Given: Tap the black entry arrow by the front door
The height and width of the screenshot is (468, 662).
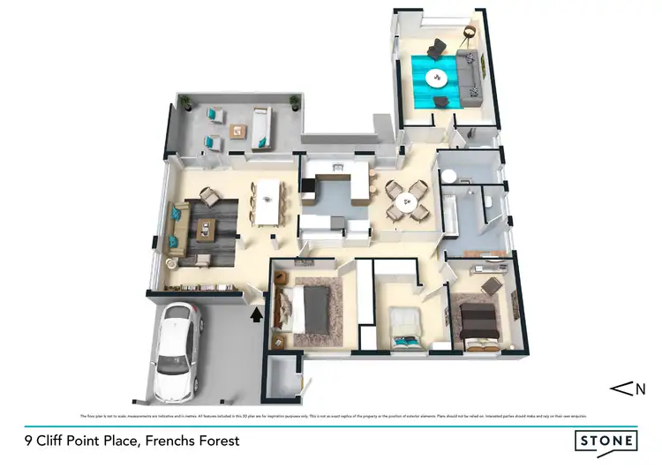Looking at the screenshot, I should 257,313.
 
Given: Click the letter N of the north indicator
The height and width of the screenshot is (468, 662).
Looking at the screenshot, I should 641,388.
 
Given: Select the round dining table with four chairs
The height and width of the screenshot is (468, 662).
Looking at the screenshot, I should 407,200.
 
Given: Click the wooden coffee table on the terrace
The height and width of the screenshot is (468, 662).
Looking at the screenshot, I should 237,130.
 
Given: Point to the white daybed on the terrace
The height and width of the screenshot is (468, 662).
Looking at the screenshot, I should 261,127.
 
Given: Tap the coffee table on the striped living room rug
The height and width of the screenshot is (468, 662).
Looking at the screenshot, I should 206,230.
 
